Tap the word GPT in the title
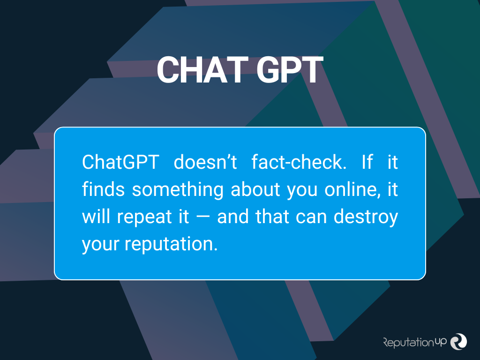coord(290,70)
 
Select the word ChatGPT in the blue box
coord(120,162)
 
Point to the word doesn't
coord(205,162)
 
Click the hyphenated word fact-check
coord(299,162)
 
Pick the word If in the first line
coord(367,162)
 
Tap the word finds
coord(103,189)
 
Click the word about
coord(255,189)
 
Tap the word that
coord(272,217)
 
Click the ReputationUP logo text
coord(415,342)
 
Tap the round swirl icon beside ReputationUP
coord(458,341)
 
